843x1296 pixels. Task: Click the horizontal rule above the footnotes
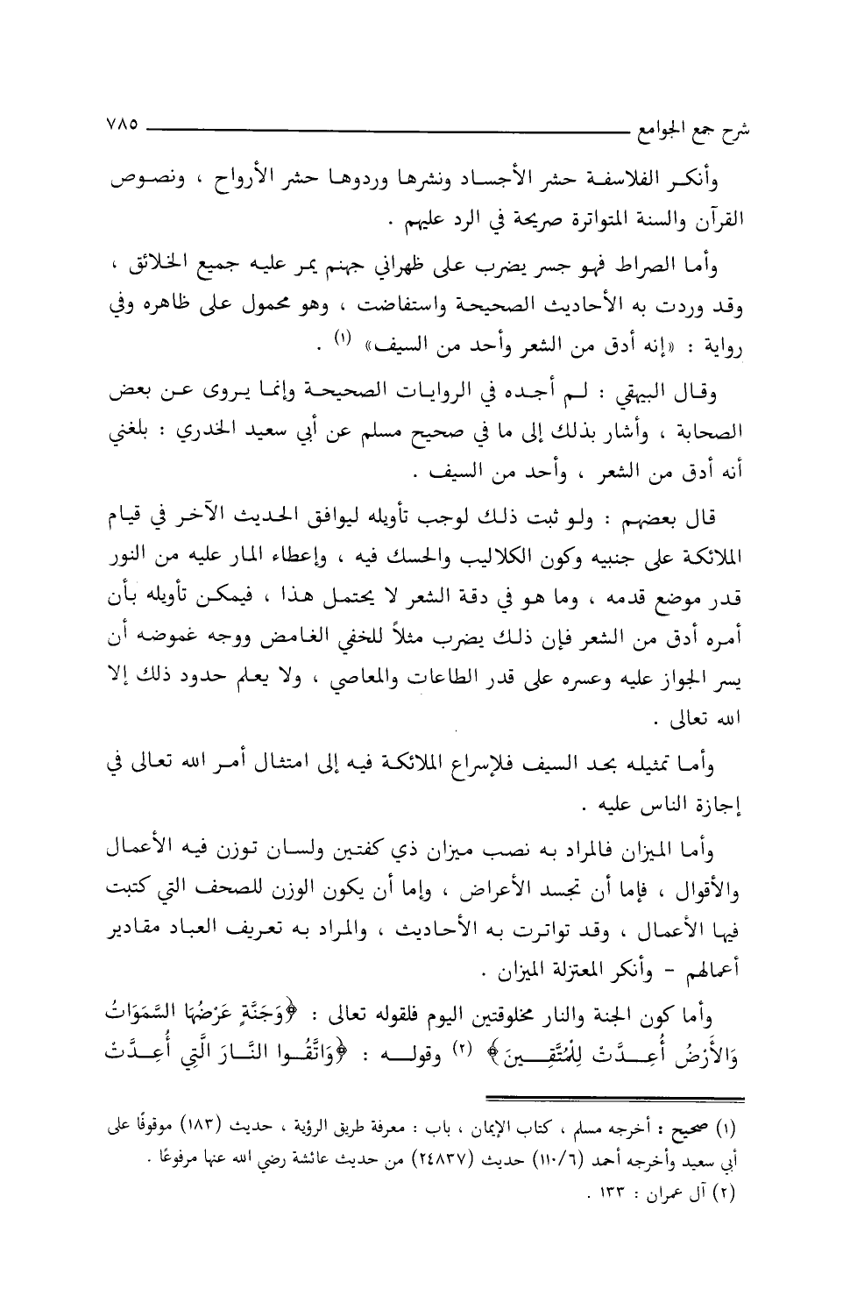614,1100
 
